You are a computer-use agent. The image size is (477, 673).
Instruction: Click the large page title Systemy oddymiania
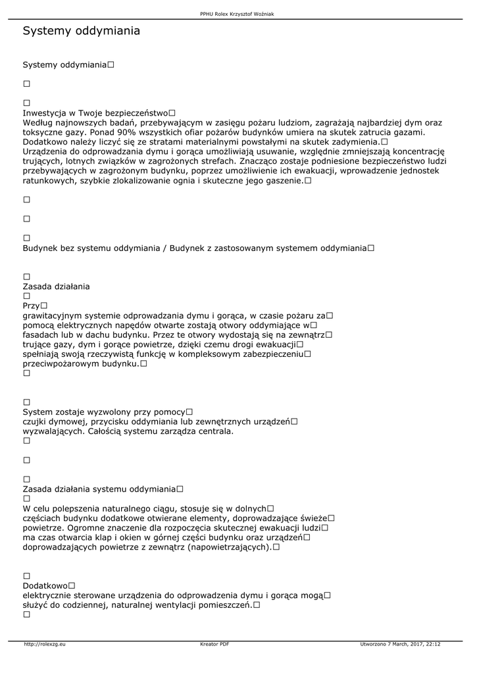click(x=81, y=31)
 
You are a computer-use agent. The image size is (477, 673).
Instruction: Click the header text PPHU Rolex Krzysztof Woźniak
click(x=238, y=13)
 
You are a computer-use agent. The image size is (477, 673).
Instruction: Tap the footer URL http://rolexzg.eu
click(x=45, y=644)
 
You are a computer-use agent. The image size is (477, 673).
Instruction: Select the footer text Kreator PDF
click(x=214, y=644)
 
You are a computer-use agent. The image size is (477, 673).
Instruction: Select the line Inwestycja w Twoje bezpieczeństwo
click(x=95, y=113)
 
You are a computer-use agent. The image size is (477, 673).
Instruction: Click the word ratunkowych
click(x=49, y=180)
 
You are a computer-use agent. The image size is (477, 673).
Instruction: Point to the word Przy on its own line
click(x=31, y=306)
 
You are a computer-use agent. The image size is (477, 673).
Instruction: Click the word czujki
click(x=36, y=422)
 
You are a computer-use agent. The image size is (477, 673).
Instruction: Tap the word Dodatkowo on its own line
click(x=45, y=586)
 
